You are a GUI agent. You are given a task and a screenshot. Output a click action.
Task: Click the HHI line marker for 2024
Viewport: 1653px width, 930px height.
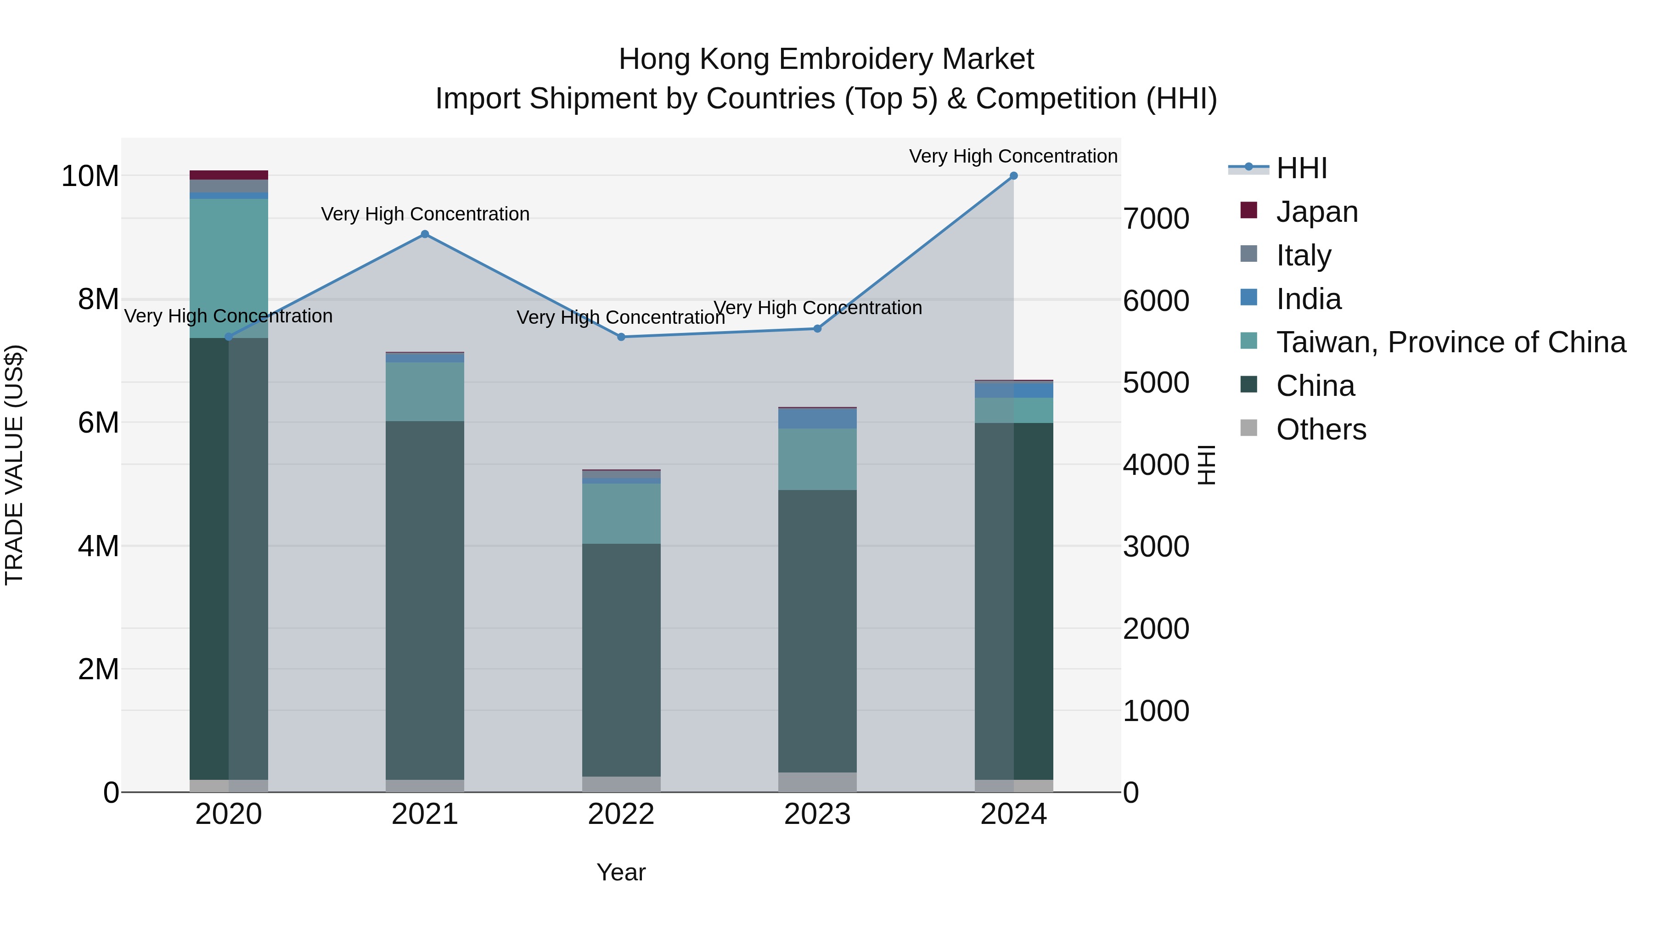1013,176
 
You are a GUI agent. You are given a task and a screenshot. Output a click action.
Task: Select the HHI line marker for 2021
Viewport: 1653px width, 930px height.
425,234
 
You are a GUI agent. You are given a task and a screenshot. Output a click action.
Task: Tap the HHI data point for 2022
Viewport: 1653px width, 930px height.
621,337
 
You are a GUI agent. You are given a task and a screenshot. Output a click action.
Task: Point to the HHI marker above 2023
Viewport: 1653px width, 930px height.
817,329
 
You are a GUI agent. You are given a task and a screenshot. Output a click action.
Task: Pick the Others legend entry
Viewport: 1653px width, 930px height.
1321,429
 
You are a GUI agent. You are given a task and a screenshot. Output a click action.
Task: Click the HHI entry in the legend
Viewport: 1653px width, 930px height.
1301,168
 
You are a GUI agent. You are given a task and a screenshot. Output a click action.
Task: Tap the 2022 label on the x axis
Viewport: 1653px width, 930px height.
621,814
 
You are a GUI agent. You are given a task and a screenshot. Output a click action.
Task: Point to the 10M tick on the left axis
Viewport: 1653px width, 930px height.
90,176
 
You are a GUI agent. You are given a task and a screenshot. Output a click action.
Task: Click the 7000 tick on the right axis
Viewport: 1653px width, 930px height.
1156,219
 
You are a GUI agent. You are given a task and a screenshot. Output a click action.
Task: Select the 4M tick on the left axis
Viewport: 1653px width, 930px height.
98,546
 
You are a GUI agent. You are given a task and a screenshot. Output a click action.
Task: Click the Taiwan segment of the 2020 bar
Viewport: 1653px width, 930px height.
229,268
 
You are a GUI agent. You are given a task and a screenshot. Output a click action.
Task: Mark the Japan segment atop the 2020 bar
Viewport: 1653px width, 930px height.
229,175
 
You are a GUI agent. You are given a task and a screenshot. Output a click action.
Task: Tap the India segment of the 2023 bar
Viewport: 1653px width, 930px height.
817,418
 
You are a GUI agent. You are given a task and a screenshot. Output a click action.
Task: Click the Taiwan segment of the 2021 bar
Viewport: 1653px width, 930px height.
425,391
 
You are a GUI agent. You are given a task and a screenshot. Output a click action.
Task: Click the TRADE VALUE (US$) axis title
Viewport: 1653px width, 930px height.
14,465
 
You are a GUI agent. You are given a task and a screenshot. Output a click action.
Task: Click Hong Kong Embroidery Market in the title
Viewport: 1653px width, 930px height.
826,59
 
